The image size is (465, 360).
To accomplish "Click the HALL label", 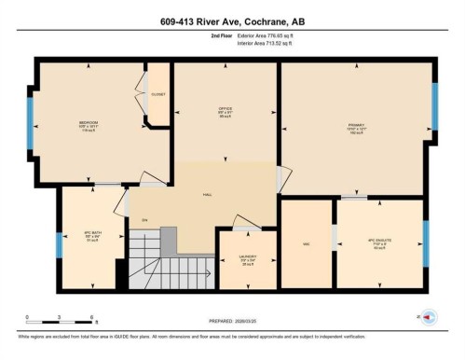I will point(208,195).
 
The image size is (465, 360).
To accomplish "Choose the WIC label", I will point(306,244).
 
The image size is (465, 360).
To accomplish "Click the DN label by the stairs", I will point(144,220).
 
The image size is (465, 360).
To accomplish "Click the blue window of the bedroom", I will point(30,123).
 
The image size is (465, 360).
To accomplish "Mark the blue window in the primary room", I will point(434,106).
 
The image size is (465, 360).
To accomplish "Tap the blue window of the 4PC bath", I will point(59,244).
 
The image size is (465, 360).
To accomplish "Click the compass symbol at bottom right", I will point(429,318).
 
